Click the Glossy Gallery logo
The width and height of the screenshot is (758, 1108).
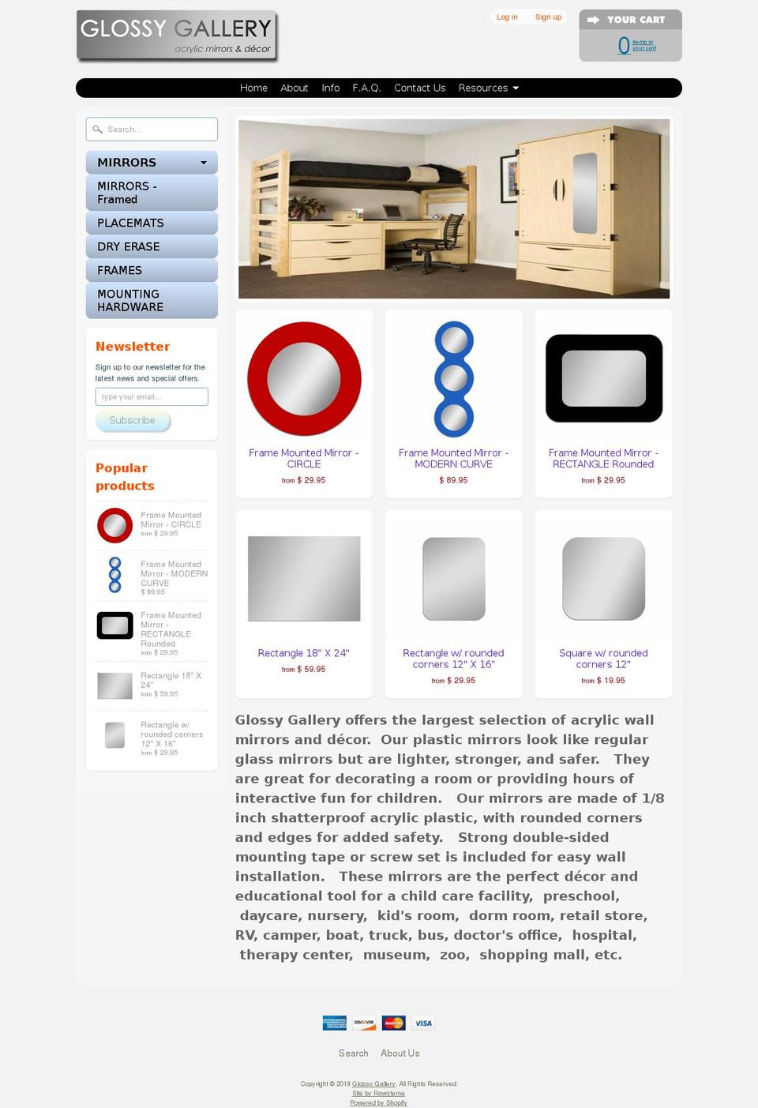176,36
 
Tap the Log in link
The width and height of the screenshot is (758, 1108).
507,17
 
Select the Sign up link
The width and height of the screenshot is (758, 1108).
548,17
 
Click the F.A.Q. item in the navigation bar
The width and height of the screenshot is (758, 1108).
366,88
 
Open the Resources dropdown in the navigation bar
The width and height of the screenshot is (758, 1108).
488,88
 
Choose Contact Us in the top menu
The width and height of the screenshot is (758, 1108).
419,88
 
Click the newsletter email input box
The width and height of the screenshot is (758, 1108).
152,396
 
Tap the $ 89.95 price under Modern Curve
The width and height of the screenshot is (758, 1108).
453,480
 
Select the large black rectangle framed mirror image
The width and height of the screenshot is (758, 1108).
603,378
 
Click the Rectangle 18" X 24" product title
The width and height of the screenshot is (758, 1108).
303,653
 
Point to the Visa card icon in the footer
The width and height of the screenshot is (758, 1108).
423,1023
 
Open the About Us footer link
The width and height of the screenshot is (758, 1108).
400,1053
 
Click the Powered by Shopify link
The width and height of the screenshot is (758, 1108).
378,1102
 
